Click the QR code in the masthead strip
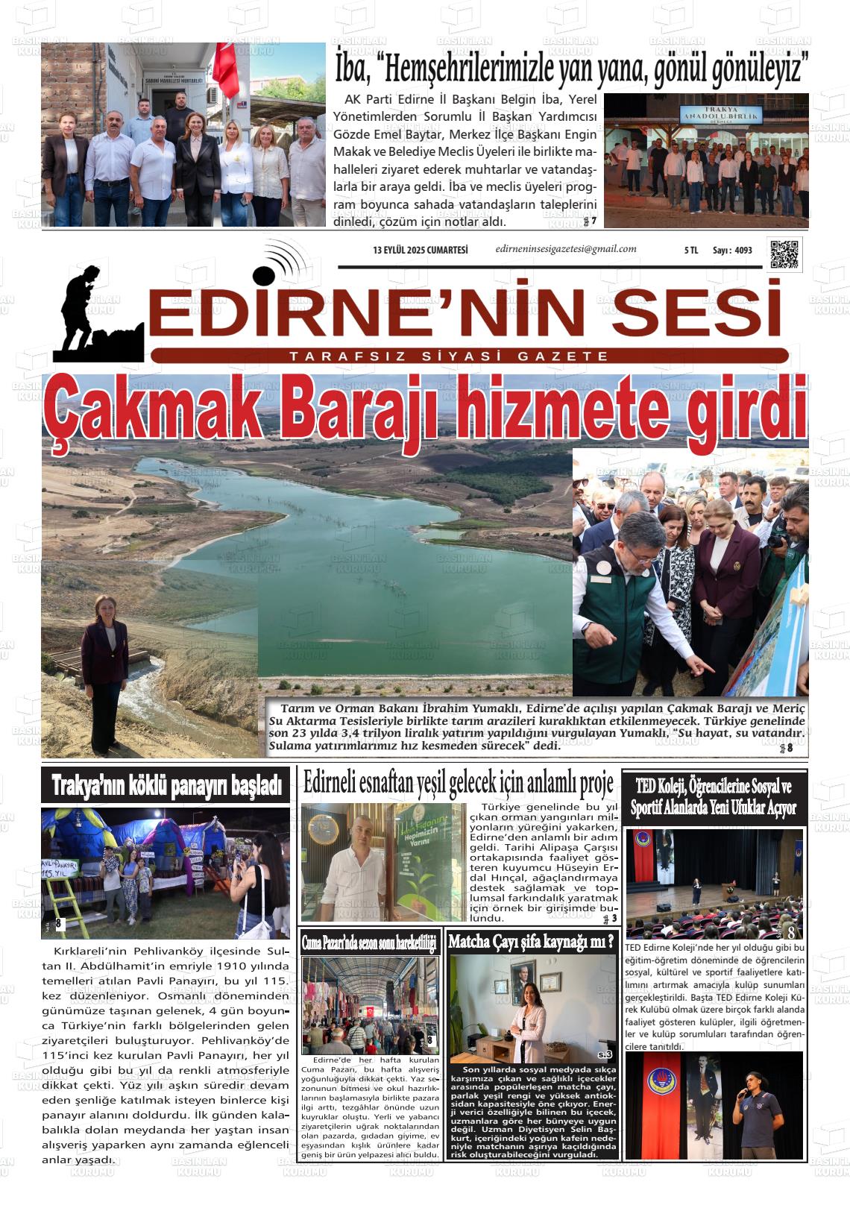pos(784,254)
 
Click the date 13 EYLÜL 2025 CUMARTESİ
pos(421,251)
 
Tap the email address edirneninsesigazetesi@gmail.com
pos(565,250)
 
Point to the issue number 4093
pos(743,251)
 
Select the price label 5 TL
pos(690,251)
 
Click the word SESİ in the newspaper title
pos(701,314)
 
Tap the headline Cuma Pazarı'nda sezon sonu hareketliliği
pos(368,943)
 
